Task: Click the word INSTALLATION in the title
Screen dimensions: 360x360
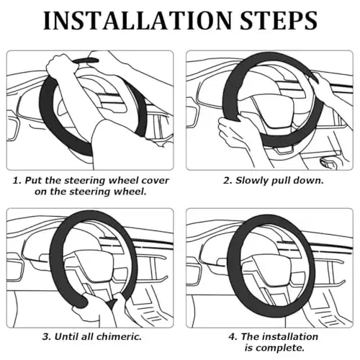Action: (x=137, y=20)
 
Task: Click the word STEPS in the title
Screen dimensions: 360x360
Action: (x=279, y=20)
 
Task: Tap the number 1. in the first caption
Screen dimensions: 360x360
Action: (x=17, y=181)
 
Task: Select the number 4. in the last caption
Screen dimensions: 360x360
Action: (x=233, y=336)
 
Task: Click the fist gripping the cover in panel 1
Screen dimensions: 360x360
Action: (x=60, y=66)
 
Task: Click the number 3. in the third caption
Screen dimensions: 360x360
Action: (x=47, y=336)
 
